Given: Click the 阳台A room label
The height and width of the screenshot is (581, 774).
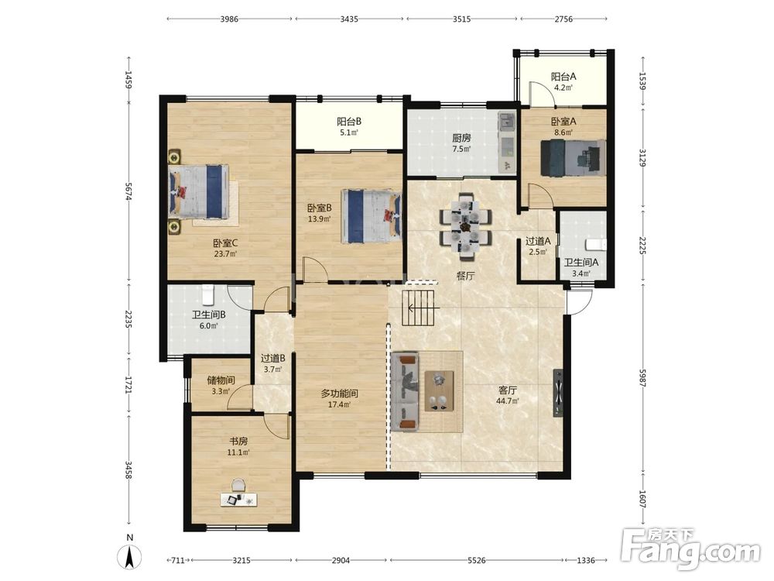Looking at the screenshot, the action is (x=563, y=77).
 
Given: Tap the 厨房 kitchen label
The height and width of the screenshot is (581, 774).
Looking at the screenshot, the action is (x=461, y=139).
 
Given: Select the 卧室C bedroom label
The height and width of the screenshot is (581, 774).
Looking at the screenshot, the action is (x=225, y=243).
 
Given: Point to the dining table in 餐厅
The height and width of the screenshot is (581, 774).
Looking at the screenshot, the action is (x=465, y=226).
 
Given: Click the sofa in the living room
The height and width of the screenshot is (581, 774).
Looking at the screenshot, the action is (x=405, y=391).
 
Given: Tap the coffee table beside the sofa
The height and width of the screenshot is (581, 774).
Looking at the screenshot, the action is (x=440, y=390).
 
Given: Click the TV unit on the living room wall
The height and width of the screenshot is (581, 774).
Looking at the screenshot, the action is (x=558, y=394).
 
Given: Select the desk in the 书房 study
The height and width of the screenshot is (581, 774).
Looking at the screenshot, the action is (x=239, y=500).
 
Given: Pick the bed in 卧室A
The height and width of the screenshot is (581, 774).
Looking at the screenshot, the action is (x=573, y=157).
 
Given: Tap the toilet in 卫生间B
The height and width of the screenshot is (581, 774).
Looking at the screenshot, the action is (x=207, y=295).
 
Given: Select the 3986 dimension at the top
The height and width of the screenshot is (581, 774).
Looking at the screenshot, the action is (x=229, y=19).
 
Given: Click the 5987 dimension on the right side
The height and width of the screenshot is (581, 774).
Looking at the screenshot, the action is (x=642, y=376).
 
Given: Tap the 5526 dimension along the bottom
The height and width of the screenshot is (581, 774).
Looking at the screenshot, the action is (x=476, y=560).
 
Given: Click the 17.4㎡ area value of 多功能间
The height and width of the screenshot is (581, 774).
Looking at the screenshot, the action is (x=339, y=404).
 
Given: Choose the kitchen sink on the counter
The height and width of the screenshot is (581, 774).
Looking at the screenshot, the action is (x=506, y=121).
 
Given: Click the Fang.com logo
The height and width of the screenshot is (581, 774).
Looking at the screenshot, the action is (x=690, y=548).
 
